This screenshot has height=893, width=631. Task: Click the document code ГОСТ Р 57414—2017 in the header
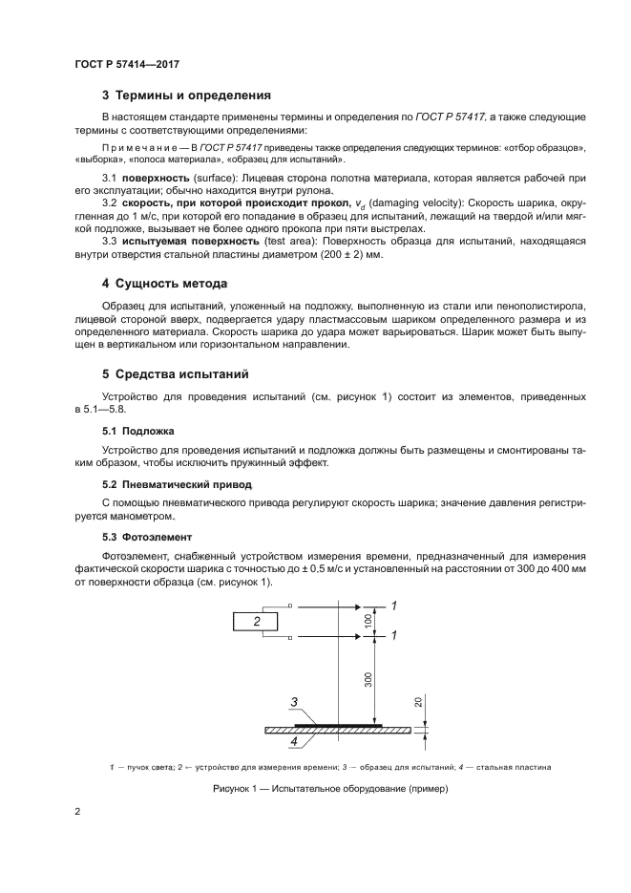[127, 64]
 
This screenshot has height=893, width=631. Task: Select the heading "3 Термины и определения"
[186, 96]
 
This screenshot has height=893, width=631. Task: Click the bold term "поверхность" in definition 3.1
[155, 180]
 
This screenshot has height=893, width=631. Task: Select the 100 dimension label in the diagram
[369, 620]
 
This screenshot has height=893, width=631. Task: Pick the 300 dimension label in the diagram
[369, 679]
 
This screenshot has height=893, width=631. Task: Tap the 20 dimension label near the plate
[418, 705]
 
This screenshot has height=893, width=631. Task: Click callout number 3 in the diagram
[295, 703]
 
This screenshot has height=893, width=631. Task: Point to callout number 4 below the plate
[294, 740]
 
